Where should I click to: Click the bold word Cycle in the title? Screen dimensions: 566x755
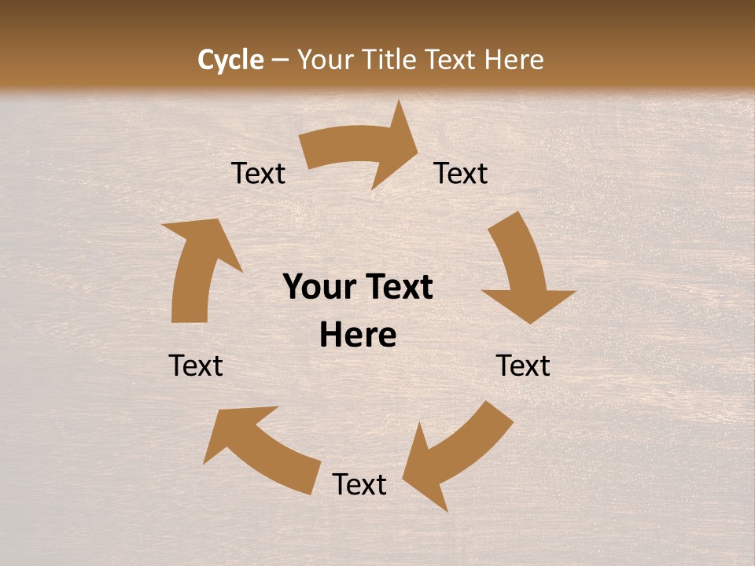[230, 60]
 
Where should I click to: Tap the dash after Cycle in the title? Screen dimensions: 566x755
[280, 60]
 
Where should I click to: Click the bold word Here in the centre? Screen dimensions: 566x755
[358, 336]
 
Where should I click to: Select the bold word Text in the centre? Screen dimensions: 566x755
[396, 287]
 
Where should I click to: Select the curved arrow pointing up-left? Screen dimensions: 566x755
[260, 448]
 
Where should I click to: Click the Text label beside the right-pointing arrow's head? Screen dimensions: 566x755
[461, 173]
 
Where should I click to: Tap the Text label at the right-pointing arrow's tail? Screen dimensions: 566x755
[259, 173]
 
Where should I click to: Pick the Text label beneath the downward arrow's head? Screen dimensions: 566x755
[523, 366]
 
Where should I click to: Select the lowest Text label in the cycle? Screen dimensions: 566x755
[359, 484]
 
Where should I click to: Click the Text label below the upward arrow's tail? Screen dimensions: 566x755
[196, 366]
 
